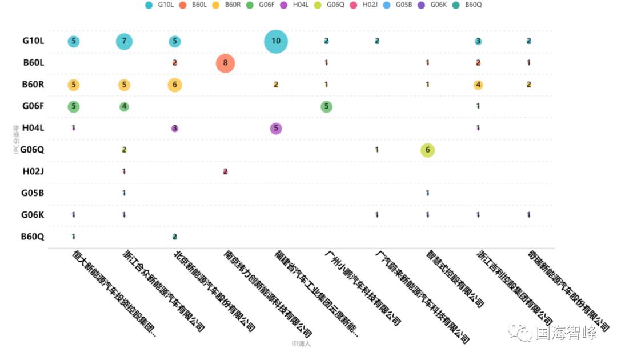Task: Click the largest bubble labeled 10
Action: [276, 41]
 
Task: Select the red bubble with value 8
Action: [225, 63]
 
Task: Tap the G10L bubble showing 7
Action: [124, 41]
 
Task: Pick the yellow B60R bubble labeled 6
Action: [175, 85]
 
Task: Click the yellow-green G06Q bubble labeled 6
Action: [427, 150]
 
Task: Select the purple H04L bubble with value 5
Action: [276, 128]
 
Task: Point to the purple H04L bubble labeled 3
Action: [175, 128]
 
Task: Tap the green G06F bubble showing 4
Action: [124, 106]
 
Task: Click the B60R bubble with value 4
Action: [478, 85]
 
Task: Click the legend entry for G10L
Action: [160, 5]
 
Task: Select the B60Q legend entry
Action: [468, 5]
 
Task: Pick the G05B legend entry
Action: [398, 5]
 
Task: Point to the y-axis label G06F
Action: [33, 106]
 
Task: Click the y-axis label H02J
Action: [33, 171]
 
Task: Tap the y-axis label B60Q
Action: [33, 237]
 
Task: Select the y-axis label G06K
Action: [33, 215]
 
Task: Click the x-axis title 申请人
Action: [301, 343]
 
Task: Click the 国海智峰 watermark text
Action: [566, 333]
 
